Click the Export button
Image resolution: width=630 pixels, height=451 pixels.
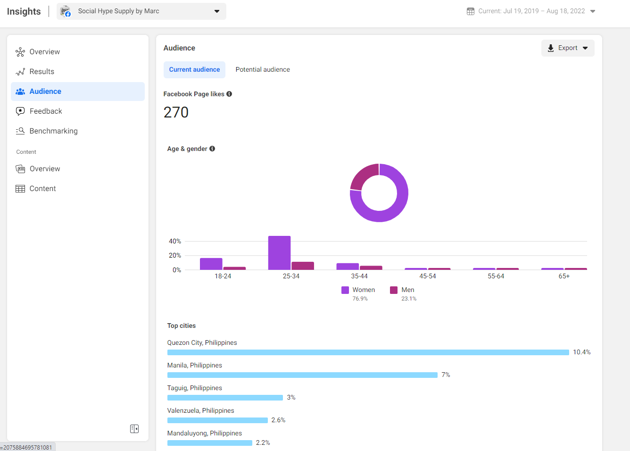click(x=567, y=48)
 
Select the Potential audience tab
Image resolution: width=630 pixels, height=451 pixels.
click(x=263, y=69)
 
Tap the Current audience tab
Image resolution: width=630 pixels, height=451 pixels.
click(x=194, y=69)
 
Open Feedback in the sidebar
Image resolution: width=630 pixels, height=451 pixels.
click(x=46, y=111)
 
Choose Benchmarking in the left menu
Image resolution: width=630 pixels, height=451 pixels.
click(x=53, y=131)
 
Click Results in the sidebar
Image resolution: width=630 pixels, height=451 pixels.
click(x=41, y=72)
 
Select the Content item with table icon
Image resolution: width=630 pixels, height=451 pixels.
click(x=42, y=189)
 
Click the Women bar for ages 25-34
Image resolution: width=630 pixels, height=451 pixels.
click(x=279, y=253)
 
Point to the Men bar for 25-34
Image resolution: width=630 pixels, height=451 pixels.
click(x=303, y=266)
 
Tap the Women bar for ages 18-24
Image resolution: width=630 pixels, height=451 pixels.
click(x=211, y=264)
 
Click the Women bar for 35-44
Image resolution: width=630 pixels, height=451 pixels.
click(x=348, y=267)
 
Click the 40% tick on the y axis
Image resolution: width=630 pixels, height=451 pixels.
click(x=175, y=242)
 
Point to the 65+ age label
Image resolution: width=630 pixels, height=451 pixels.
click(x=564, y=276)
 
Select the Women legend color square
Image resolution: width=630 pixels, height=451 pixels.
click(x=345, y=290)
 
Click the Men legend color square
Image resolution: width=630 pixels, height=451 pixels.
click(x=394, y=290)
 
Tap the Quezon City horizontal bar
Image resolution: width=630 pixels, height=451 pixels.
click(x=368, y=352)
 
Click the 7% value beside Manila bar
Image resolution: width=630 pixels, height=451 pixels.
click(x=446, y=375)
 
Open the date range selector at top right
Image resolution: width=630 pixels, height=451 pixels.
click(x=531, y=11)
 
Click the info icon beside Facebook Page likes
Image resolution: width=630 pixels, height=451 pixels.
click(x=229, y=94)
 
